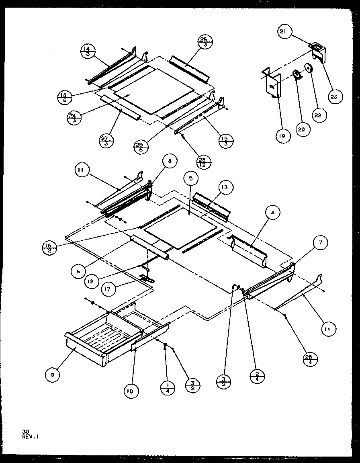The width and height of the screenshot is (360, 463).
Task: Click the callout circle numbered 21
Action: pos(284,32)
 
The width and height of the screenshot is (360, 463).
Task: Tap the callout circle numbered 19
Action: pos(282,136)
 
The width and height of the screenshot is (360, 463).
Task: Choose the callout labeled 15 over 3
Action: pos(225,141)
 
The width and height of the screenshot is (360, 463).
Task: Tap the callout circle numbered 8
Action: pos(170,161)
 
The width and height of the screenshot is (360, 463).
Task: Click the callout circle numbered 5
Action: pos(191,178)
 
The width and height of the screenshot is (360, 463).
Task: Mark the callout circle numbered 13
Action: pos(226,188)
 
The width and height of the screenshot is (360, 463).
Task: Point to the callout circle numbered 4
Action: pos(272,213)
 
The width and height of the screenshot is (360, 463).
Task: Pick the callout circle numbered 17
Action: pos(108,289)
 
